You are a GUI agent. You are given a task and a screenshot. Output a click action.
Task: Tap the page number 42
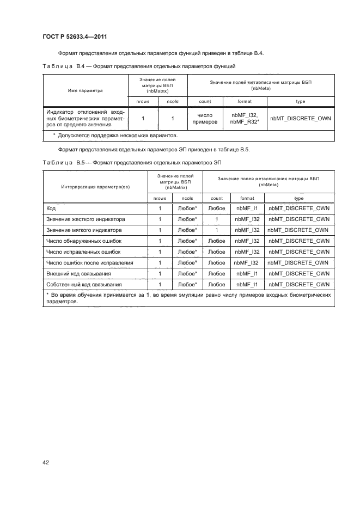pos(46,463)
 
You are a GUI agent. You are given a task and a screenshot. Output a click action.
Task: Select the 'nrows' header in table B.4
pos(143,101)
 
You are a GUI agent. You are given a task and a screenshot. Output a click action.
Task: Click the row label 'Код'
pos(52,208)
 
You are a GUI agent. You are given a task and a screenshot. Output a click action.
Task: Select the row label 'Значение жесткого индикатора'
pos(86,219)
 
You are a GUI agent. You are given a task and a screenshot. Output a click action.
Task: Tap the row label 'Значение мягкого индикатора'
pos(84,230)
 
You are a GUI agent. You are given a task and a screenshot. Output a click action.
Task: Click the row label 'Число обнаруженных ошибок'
pos(83,241)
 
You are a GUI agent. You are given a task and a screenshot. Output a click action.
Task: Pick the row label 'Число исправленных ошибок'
pos(82,252)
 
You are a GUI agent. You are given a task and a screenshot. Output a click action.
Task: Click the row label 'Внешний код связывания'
pos(79,274)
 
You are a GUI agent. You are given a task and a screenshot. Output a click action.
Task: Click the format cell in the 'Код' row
pos(247,208)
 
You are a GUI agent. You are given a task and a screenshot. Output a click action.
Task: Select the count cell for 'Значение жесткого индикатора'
pos(217,219)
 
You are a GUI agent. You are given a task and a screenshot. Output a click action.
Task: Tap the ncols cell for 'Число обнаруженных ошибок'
pos(187,241)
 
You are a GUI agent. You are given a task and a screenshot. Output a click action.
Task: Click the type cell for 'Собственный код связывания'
pos(299,285)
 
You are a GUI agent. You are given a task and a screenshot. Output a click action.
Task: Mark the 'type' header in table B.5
pos(299,198)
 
